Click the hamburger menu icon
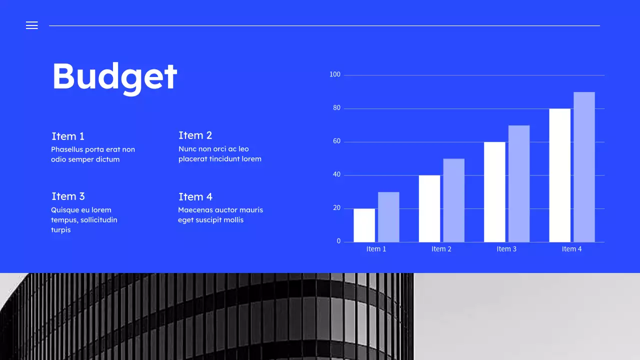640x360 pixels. point(32,25)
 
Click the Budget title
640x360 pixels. point(114,76)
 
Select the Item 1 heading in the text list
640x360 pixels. point(68,136)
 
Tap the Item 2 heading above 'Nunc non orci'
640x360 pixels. point(195,135)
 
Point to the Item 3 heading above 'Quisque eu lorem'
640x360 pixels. point(68,196)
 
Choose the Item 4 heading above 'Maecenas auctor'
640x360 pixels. point(195,196)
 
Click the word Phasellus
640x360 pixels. point(67,149)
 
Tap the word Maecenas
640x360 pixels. point(195,210)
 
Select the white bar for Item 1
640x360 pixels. point(364,225)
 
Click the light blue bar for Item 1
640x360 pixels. point(388,217)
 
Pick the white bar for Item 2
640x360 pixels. point(429,208)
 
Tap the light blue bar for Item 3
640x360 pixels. point(519,183)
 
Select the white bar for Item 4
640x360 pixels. point(559,175)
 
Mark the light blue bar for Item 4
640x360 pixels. point(584,167)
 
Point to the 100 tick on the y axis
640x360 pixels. point(334,74)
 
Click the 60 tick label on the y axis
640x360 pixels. point(336,141)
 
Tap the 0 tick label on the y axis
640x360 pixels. point(338,241)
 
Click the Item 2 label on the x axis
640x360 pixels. point(441,249)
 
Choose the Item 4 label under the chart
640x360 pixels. point(571,249)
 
